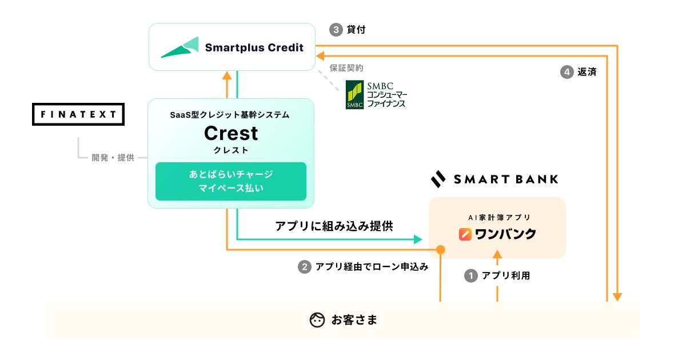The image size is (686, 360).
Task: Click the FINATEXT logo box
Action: click(x=78, y=114)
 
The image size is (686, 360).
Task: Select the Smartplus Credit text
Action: click(x=254, y=47)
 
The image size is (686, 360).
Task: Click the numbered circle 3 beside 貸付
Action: click(x=336, y=30)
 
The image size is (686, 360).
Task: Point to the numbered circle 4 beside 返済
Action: click(x=567, y=73)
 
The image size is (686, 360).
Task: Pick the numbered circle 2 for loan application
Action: click(x=304, y=266)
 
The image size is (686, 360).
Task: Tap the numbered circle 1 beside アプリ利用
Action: click(x=470, y=276)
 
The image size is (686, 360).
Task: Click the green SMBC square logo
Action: click(x=354, y=95)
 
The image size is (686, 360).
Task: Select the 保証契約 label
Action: click(x=346, y=68)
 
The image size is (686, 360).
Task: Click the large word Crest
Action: click(x=231, y=133)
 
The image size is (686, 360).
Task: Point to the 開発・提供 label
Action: click(x=113, y=158)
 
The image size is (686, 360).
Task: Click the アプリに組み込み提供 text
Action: click(x=334, y=226)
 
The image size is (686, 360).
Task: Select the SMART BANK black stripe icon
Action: click(x=438, y=179)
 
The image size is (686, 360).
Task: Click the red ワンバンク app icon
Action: click(x=466, y=234)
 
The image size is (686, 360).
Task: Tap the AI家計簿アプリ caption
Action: click(x=497, y=217)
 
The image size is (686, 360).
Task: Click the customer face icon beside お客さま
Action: click(x=317, y=320)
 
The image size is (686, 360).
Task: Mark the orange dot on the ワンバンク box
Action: click(x=441, y=250)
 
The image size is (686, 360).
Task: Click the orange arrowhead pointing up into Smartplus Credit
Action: click(x=227, y=76)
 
